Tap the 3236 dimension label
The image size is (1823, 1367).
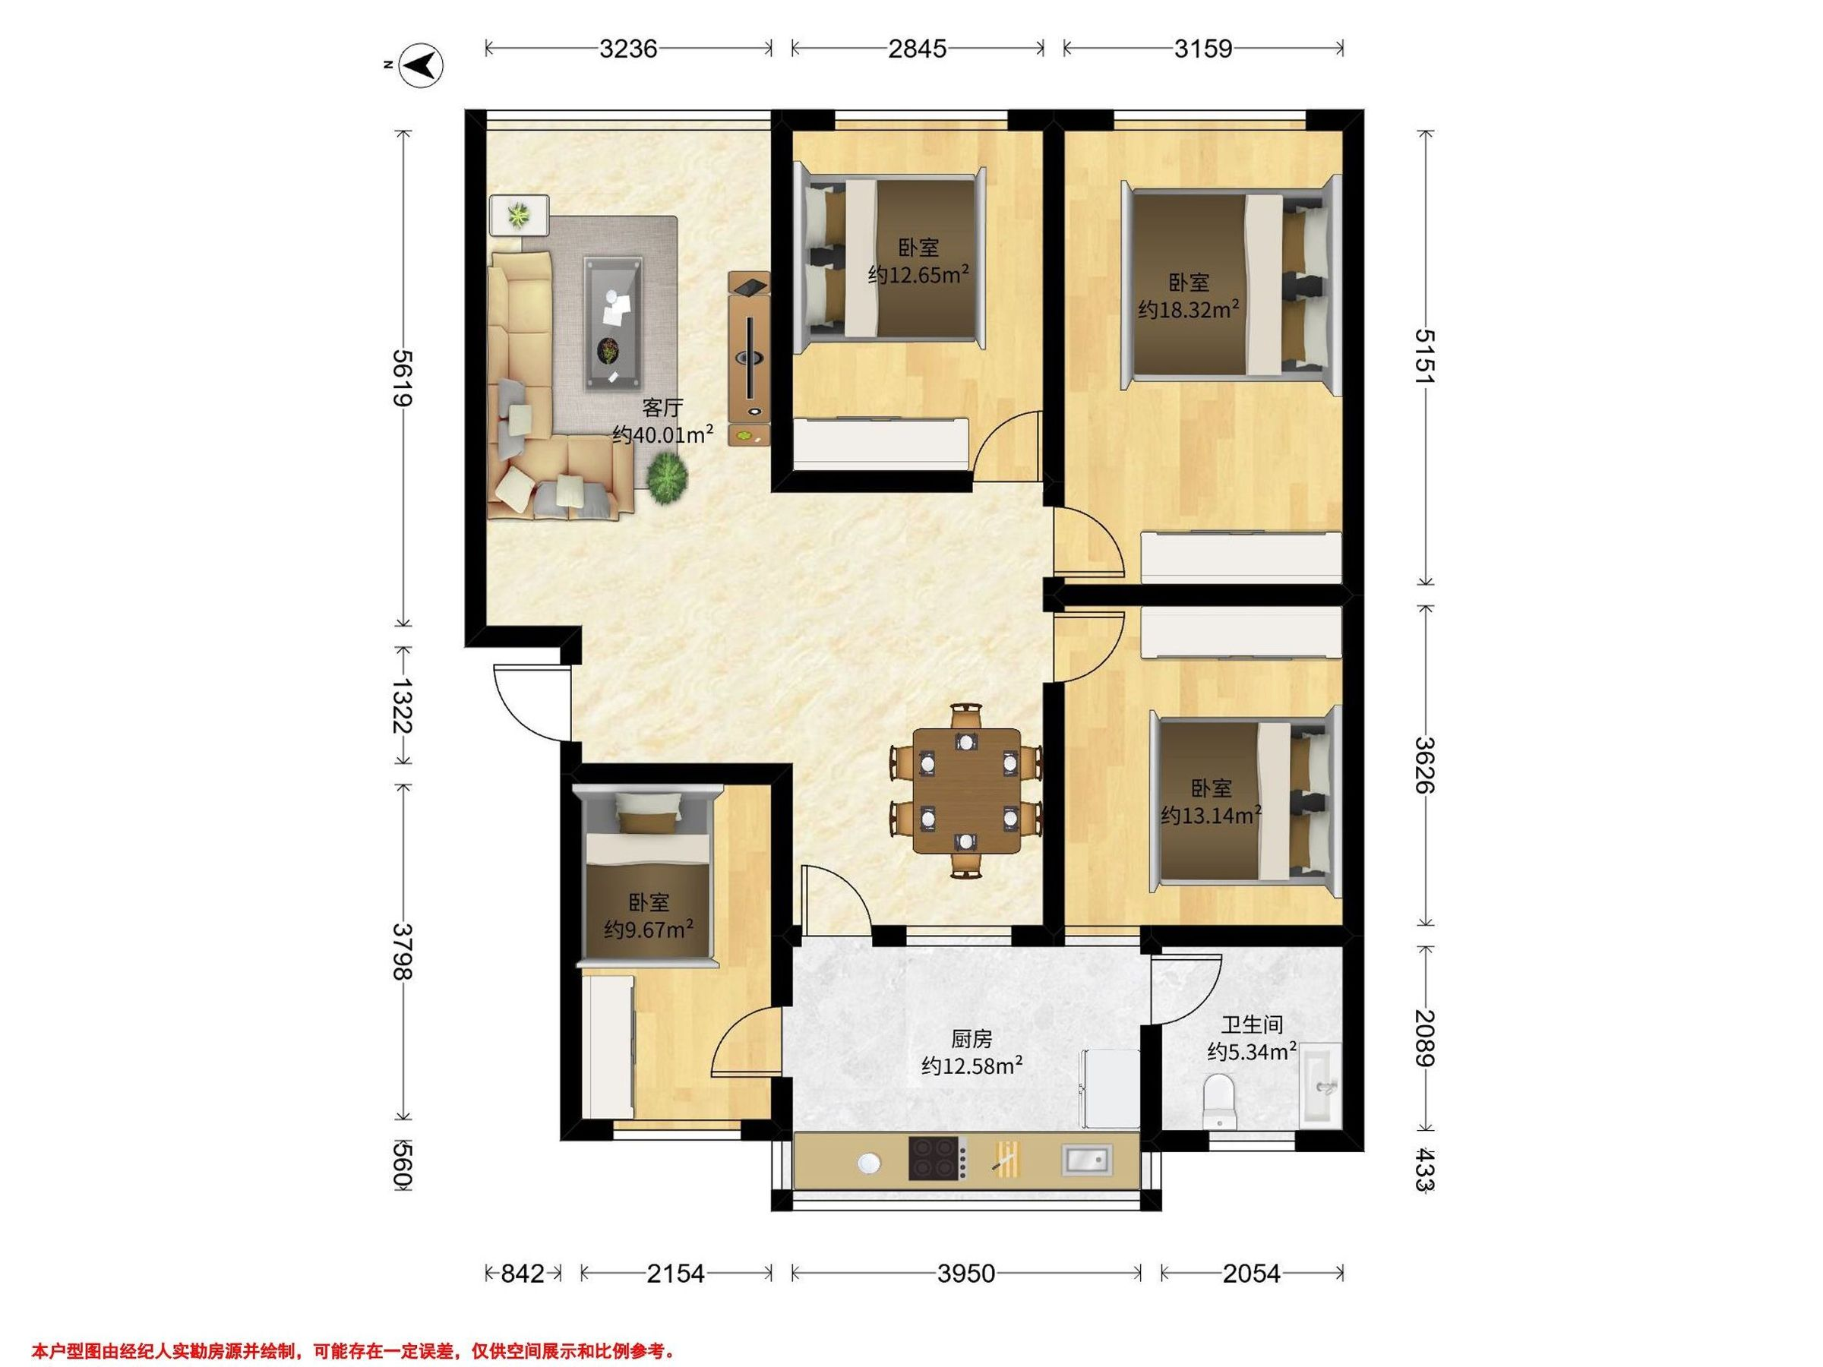(628, 49)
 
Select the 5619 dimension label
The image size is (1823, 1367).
(402, 378)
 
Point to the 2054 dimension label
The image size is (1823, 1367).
(1251, 1274)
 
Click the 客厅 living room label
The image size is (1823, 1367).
(662, 408)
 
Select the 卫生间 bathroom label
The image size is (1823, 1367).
(1252, 1025)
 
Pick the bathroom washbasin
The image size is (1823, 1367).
(1321, 1084)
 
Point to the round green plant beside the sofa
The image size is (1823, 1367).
(667, 478)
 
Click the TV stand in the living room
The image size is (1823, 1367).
(749, 358)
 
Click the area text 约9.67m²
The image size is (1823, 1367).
(649, 930)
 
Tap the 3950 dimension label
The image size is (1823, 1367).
(966, 1274)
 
